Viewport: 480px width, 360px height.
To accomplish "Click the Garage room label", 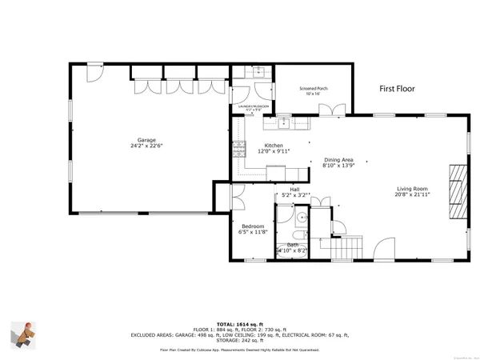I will click(146, 143).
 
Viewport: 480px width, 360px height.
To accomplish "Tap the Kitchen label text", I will click(274, 148).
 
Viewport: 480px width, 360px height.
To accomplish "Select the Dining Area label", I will click(340, 162).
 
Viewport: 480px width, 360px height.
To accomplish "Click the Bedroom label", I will click(253, 230).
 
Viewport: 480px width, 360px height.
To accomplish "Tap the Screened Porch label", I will click(314, 90).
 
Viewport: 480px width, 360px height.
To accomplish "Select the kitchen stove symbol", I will click(238, 147).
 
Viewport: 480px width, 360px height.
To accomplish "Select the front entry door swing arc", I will click(386, 249).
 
